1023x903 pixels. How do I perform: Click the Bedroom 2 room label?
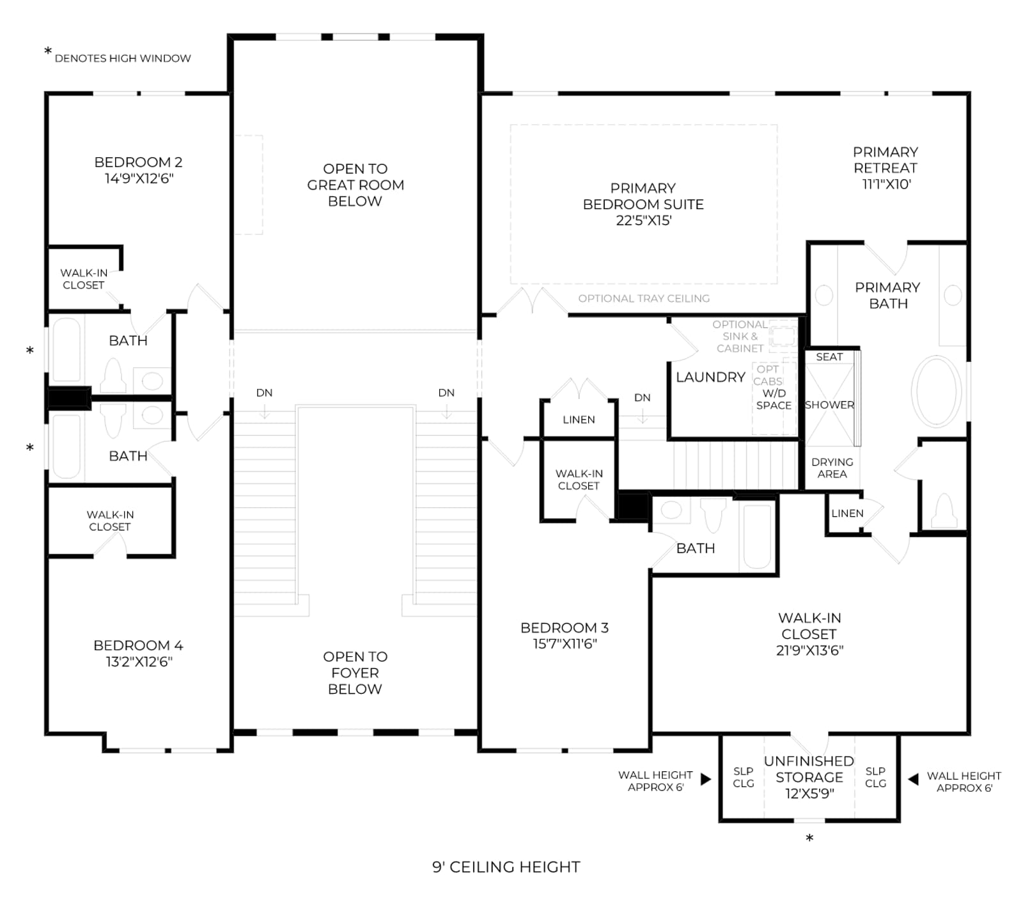[139, 162]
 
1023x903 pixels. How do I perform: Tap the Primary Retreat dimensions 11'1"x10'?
[886, 184]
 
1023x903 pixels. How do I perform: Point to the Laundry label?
[710, 377]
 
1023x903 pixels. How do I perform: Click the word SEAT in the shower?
[829, 357]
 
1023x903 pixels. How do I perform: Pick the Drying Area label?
[832, 467]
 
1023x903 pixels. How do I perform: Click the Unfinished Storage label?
[809, 769]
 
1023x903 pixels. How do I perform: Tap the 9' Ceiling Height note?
[506, 867]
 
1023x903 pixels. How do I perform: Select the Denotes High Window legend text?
[123, 58]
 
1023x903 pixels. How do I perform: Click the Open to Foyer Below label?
[355, 673]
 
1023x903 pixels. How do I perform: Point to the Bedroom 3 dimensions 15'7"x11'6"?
[565, 644]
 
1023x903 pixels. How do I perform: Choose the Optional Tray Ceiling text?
[644, 299]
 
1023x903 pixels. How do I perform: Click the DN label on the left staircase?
[264, 393]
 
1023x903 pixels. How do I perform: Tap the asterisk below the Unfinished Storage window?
[809, 838]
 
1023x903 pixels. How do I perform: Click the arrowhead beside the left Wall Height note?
[706, 779]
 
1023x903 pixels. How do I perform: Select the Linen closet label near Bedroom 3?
[579, 420]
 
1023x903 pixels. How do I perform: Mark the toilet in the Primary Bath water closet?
[944, 511]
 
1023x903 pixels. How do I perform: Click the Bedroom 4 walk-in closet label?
[110, 521]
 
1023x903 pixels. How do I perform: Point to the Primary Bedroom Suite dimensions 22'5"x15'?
[644, 221]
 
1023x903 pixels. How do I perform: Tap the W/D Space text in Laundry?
[774, 399]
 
